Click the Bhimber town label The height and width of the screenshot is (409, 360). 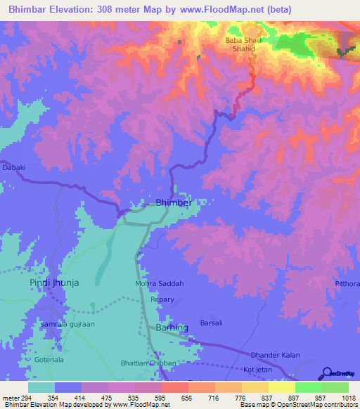pyautogui.click(x=173, y=202)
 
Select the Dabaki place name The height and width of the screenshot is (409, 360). pyautogui.click(x=14, y=167)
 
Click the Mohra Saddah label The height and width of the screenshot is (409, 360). pyautogui.click(x=159, y=284)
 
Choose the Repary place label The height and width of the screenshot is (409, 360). pyautogui.click(x=162, y=299)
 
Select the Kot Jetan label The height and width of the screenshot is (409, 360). pyautogui.click(x=257, y=369)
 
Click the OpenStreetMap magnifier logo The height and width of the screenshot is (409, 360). pyautogui.click(x=326, y=372)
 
